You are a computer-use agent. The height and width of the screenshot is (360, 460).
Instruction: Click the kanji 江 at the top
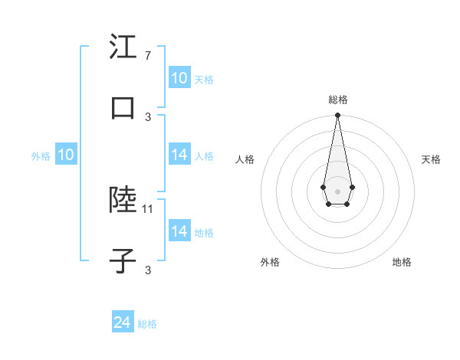point(123,47)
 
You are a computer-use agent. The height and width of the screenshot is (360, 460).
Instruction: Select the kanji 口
point(123,108)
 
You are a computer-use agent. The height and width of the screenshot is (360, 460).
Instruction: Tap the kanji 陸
point(123,201)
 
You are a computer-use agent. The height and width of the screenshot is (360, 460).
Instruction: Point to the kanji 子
point(123,261)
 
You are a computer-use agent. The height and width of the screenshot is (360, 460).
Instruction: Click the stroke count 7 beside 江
point(147,56)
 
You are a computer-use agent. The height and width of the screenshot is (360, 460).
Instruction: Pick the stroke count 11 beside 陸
point(149,208)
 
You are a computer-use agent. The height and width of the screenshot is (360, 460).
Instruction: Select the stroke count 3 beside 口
point(148,116)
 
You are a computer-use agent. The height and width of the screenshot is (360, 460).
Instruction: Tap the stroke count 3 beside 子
point(148,270)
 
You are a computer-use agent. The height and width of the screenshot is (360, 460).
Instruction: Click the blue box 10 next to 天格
point(179,78)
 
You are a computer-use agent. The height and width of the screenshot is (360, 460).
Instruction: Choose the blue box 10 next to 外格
point(65,155)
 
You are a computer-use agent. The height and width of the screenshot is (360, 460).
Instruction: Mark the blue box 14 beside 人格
point(179,155)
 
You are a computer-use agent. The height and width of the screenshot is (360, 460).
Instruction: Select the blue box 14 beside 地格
point(179,231)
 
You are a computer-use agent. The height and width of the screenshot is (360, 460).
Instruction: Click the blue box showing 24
point(123,322)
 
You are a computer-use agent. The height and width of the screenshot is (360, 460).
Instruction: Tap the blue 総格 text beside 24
point(147,324)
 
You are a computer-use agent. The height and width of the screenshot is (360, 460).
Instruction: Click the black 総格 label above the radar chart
point(337,100)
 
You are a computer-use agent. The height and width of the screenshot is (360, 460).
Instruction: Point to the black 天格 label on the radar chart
point(432,159)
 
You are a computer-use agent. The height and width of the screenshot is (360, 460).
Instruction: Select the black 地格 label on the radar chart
point(402,262)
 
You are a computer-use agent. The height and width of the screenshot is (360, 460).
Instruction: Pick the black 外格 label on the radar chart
point(270,262)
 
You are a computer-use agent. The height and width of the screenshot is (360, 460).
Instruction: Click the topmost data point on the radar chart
point(337,116)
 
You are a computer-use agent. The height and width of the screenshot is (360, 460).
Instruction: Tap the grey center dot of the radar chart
point(337,190)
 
